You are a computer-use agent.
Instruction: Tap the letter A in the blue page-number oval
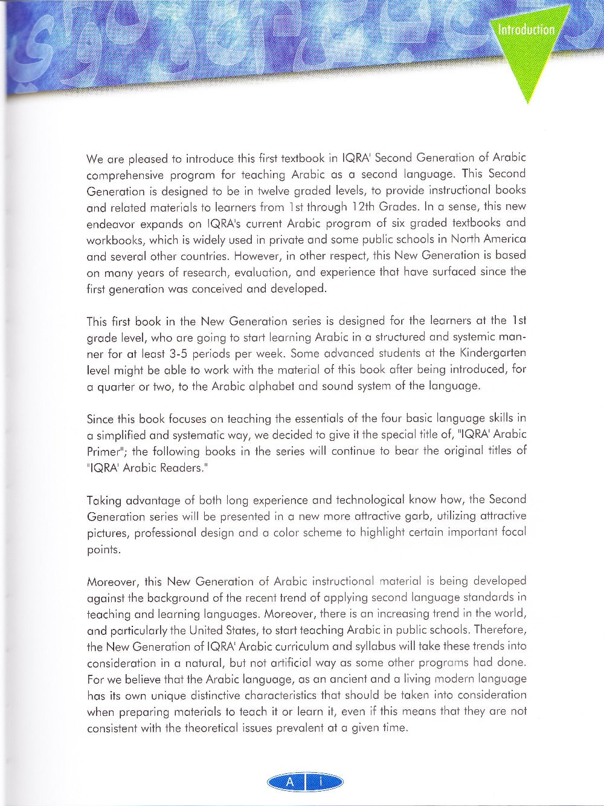click(290, 782)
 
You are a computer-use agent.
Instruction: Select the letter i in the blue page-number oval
click(321, 782)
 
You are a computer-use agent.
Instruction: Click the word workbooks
click(114, 239)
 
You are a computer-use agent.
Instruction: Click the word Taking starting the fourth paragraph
click(104, 501)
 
